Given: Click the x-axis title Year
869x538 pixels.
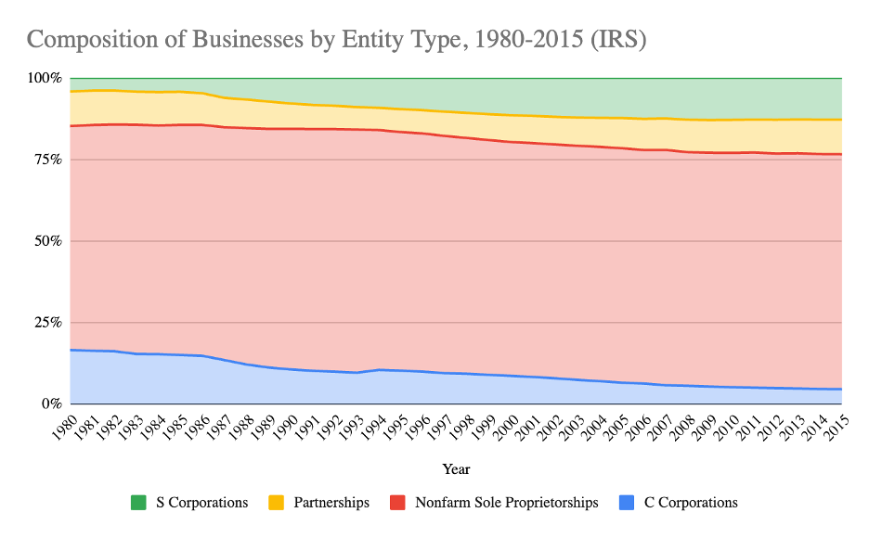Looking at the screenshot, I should click(456, 469).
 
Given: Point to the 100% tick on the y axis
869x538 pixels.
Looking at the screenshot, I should click(45, 78).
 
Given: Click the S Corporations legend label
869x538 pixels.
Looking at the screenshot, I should click(201, 503).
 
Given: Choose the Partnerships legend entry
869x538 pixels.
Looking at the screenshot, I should click(331, 503).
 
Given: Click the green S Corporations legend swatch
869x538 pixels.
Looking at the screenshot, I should click(138, 503).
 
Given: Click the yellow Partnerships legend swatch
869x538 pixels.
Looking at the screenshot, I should click(277, 503).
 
